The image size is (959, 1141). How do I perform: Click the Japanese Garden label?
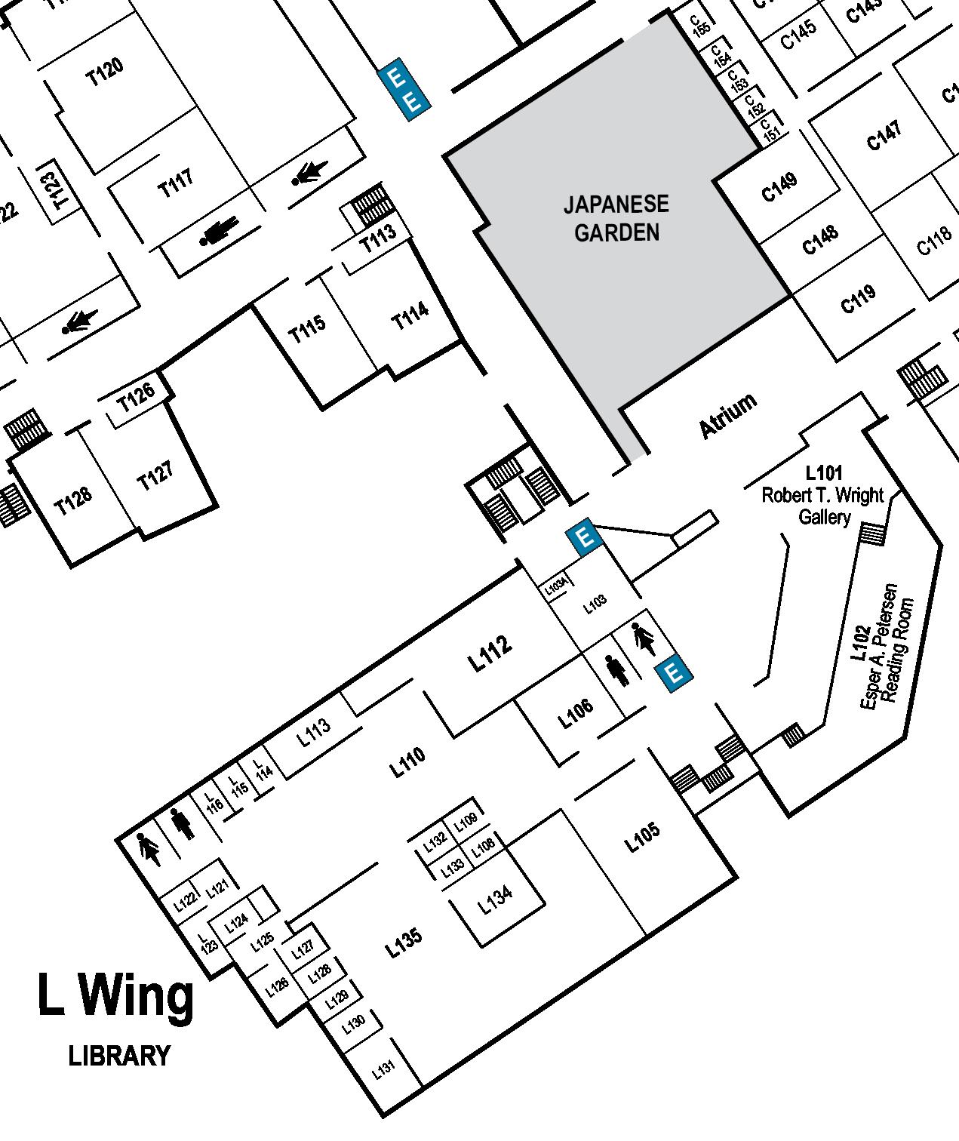616,218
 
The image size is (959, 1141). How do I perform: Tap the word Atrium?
727,415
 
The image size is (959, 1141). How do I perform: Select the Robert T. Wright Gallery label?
822,496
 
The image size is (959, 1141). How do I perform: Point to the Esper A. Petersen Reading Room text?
887,645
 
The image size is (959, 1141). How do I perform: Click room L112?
490,654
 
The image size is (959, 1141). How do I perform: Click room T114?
410,315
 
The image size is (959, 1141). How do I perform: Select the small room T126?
137,396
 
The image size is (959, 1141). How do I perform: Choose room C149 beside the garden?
779,187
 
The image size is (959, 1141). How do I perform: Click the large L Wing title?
115,996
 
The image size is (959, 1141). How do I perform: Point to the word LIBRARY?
119,1056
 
